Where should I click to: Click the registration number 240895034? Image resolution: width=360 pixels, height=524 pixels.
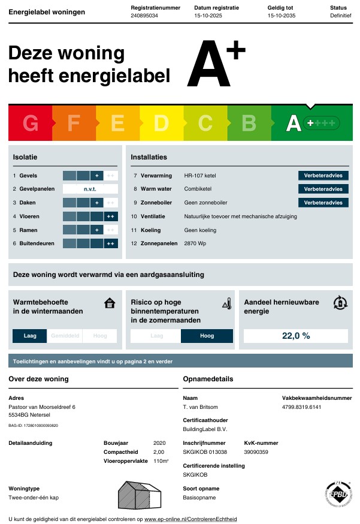pos(144,16)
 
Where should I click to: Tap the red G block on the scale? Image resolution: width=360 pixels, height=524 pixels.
pos(31,123)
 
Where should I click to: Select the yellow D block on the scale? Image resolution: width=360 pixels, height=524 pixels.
pos(161,123)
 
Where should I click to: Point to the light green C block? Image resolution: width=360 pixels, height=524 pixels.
pos(205,123)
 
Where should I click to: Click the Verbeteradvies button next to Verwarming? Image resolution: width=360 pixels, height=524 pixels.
pos(323,176)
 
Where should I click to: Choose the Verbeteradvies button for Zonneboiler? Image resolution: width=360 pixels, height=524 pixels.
pos(323,203)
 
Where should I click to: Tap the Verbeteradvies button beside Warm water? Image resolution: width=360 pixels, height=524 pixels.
pos(323,189)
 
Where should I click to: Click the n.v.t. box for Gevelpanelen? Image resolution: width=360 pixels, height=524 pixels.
pos(90,189)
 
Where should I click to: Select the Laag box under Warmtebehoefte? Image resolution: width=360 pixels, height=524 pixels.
pos(30,336)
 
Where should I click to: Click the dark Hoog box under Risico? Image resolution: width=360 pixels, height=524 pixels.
pos(207,336)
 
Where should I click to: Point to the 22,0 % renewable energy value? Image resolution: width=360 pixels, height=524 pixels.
pos(296,336)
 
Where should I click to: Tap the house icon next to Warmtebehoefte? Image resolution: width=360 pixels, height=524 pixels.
pos(109,303)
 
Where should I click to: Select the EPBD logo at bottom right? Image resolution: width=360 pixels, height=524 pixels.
pos(337,494)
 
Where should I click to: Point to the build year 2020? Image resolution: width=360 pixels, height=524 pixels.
pos(159,443)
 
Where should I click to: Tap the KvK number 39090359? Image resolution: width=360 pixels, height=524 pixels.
pos(256,452)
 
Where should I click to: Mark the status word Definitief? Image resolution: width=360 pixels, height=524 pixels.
pos(340,16)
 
